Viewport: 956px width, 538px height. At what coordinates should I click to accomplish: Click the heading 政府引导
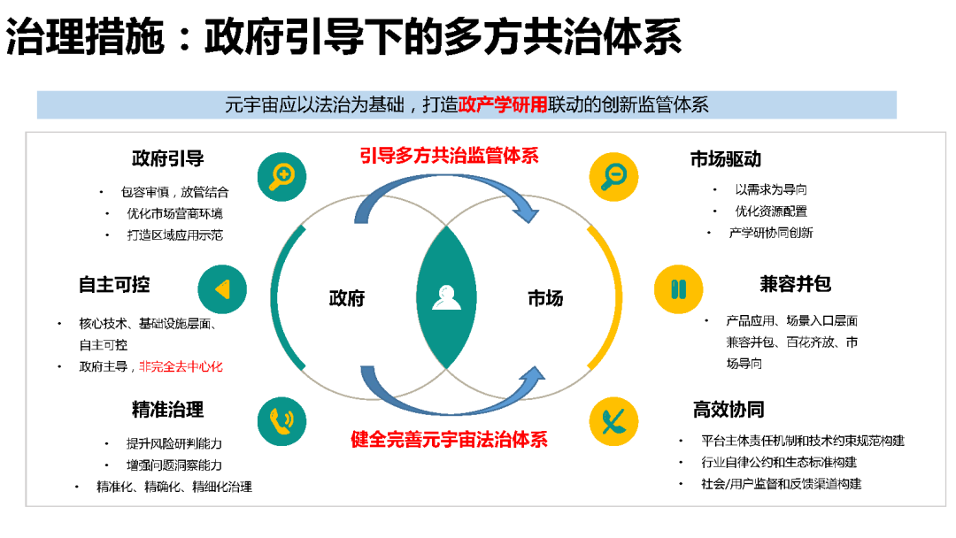(x=167, y=159)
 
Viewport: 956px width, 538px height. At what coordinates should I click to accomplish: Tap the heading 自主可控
(x=114, y=285)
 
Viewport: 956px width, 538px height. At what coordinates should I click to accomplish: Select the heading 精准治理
(x=167, y=410)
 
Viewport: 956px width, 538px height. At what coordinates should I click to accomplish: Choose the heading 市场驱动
(x=726, y=159)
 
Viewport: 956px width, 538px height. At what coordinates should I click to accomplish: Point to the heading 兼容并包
(x=795, y=285)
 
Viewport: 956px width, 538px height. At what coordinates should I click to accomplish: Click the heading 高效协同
(x=729, y=410)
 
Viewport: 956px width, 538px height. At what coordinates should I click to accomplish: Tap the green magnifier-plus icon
(x=281, y=176)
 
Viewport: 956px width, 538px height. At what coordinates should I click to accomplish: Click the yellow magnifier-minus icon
(x=613, y=176)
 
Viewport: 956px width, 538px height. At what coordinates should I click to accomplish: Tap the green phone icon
(x=281, y=420)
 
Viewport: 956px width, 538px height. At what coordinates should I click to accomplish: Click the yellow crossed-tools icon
(x=613, y=420)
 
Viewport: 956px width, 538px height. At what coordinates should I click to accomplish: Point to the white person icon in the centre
(x=446, y=297)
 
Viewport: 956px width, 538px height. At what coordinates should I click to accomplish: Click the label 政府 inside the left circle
(x=347, y=298)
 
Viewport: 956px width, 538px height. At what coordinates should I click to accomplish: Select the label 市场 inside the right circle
(x=545, y=298)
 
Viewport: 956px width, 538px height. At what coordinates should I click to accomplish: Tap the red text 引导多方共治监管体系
(x=449, y=157)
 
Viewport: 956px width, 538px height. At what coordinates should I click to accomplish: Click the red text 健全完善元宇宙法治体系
(x=449, y=439)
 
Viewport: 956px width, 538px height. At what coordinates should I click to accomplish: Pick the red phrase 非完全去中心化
(x=181, y=366)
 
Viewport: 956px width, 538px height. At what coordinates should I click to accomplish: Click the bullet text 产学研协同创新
(x=770, y=234)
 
